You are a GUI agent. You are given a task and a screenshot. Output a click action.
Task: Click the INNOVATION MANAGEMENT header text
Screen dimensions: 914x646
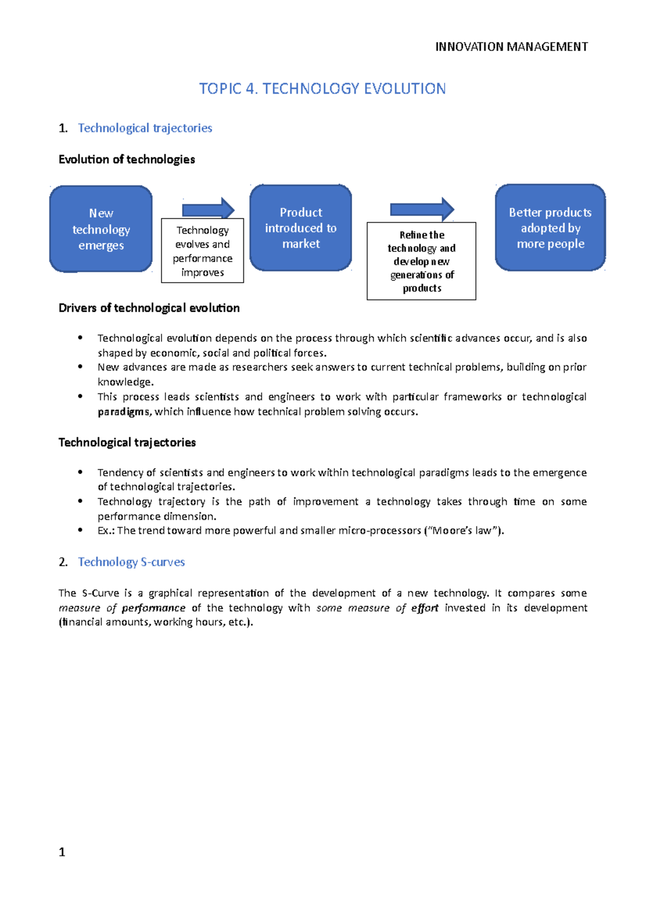coord(511,47)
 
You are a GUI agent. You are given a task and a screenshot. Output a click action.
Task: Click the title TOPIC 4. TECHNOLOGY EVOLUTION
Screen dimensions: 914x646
coord(322,89)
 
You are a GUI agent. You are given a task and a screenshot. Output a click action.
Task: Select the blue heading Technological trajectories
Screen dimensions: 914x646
coord(145,128)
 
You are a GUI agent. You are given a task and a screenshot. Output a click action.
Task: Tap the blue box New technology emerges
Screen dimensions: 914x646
coord(101,229)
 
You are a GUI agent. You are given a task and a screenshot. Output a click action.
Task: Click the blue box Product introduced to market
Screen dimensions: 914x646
coord(300,228)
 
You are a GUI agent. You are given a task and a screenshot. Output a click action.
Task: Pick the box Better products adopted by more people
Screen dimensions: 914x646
coord(550,228)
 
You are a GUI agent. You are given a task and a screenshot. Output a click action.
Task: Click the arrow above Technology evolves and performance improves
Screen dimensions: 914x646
coord(208,208)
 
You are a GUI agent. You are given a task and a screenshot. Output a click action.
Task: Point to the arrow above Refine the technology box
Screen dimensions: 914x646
coord(422,209)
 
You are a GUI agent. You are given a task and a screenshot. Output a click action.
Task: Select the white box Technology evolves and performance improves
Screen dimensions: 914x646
coord(202,251)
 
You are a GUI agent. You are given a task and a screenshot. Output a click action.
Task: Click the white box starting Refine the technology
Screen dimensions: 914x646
coord(422,261)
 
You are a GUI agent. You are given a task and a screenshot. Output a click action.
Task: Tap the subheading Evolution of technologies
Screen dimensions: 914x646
coord(127,159)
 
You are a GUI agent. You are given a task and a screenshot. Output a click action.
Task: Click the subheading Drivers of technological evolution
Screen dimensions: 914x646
coord(149,308)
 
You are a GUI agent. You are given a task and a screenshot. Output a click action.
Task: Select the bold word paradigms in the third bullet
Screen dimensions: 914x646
coord(123,412)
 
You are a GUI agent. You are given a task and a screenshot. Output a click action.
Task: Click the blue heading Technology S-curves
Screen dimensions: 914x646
coord(131,562)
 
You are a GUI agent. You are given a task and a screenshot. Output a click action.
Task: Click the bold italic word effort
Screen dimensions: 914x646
coord(425,608)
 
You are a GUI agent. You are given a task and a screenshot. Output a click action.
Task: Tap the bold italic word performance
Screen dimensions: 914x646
coord(153,608)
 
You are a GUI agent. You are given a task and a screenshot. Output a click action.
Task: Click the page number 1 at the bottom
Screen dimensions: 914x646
coord(62,852)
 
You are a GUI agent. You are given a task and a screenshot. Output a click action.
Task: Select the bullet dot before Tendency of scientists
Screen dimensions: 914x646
coord(80,472)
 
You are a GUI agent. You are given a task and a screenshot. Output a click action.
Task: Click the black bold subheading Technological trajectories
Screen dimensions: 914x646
coord(127,442)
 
